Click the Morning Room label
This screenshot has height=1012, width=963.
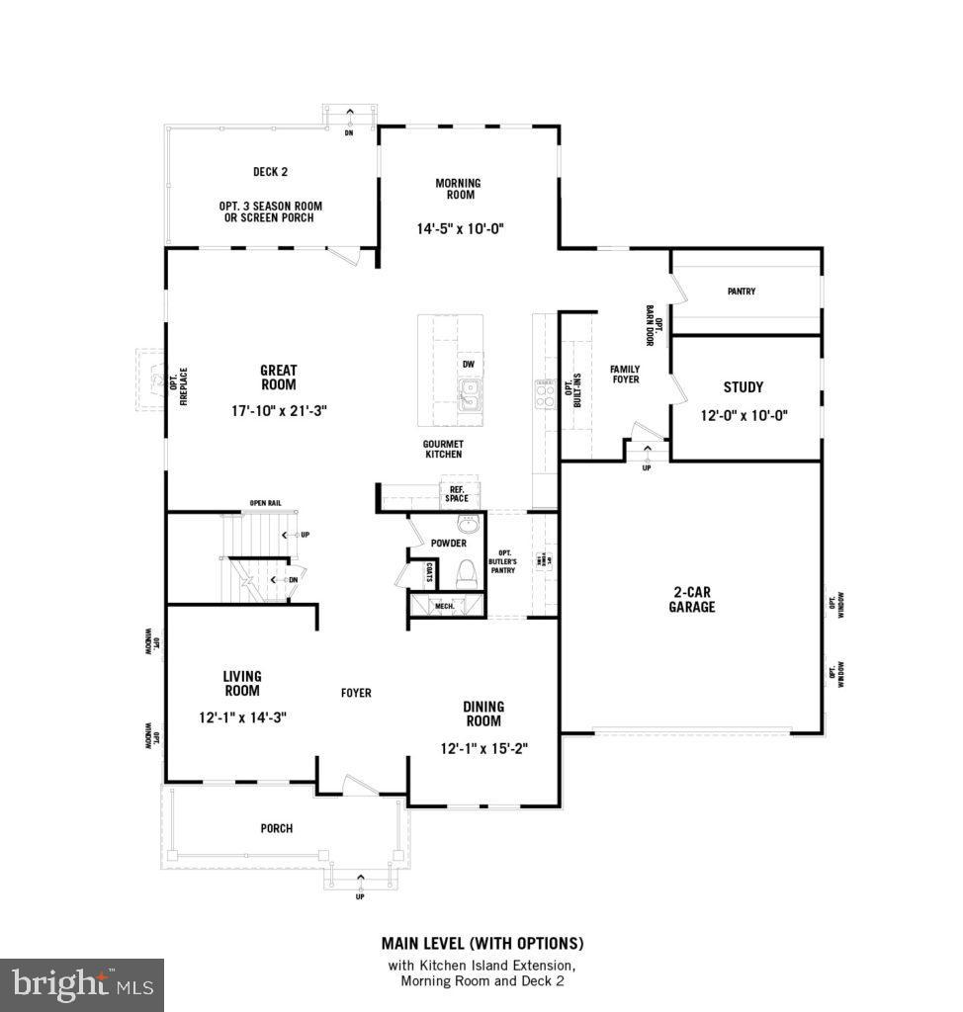[457, 189]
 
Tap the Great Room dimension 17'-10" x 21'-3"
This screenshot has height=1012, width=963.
[278, 408]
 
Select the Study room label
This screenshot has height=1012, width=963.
[743, 387]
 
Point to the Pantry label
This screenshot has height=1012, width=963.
[741, 292]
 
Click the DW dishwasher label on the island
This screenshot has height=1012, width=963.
[469, 364]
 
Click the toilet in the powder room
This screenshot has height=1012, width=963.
[465, 573]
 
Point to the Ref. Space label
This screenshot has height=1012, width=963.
[457, 493]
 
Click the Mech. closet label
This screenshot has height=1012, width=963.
[445, 606]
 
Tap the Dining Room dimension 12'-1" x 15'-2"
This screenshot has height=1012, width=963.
[484, 748]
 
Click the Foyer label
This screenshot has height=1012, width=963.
[356, 693]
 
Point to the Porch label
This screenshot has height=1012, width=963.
[277, 828]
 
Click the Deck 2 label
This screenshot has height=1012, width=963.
[270, 172]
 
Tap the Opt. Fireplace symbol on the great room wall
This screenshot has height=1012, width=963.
[152, 378]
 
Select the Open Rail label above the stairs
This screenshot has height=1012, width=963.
[265, 503]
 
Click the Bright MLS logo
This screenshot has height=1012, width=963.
[82, 984]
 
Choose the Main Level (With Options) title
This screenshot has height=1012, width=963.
[482, 943]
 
